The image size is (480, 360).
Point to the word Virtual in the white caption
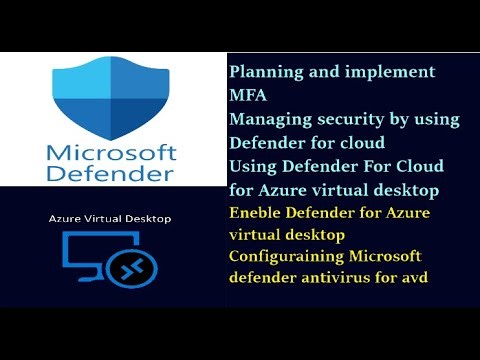pyautogui.click(x=104, y=218)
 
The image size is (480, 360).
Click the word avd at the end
pyautogui.click(x=412, y=280)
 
